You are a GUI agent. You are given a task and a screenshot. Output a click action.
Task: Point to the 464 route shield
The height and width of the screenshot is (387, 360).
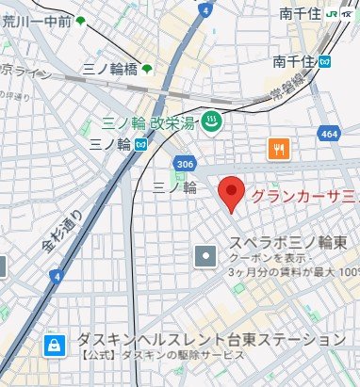tap(329, 135)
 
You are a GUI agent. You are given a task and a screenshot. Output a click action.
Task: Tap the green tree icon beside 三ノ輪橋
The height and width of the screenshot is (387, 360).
tap(149, 69)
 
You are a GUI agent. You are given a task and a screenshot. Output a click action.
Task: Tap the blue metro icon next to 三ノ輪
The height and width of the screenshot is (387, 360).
tap(139, 144)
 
